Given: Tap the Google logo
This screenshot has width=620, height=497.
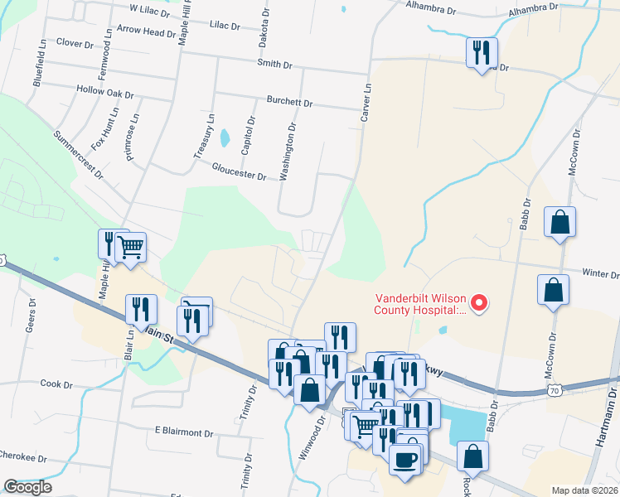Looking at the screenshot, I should pos(27,487).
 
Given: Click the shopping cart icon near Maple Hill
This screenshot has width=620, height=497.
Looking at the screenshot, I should pos(130,246).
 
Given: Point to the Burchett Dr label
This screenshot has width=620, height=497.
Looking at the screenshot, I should pos(289,104).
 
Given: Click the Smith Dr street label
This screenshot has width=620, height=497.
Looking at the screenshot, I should pos(275,63).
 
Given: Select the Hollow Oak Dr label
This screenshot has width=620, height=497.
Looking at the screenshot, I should pos(104,94).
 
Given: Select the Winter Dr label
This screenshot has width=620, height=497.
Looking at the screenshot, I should pos(601,273).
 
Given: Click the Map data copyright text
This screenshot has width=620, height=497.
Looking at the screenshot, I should pos(585,490).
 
